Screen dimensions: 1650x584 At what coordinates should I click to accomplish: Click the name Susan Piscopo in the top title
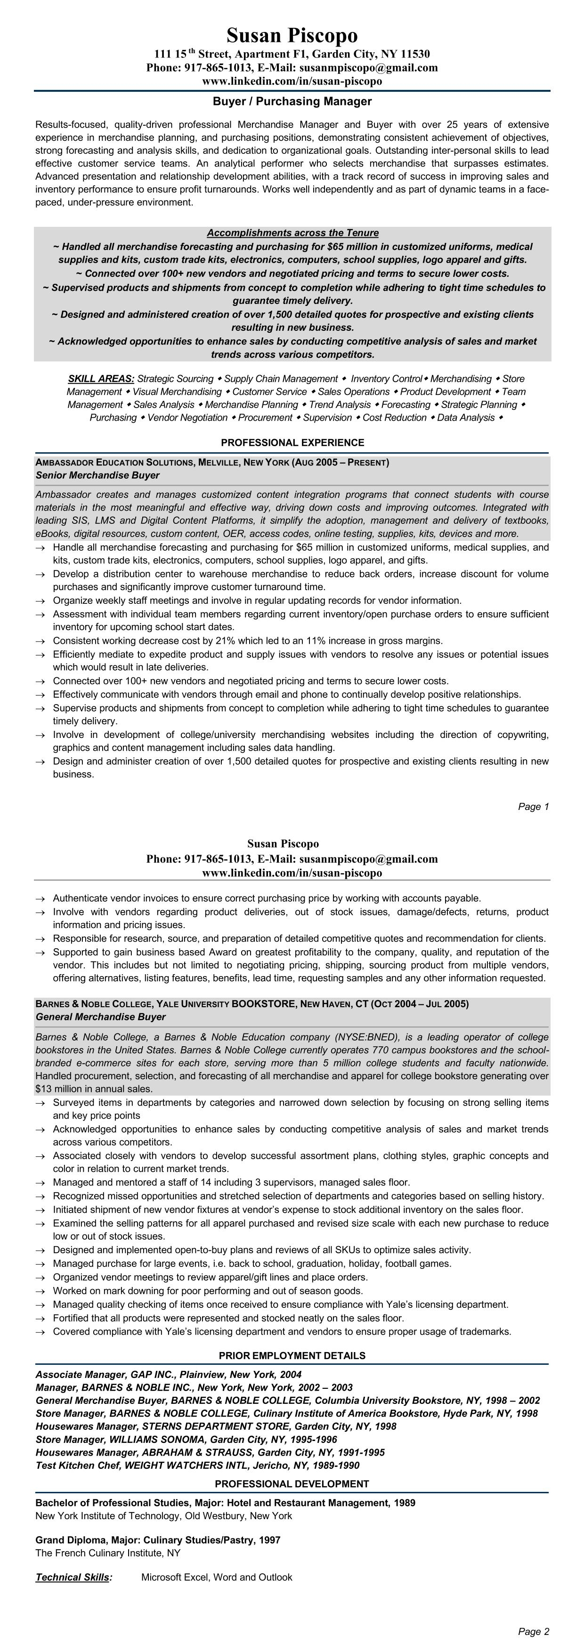pyautogui.click(x=292, y=35)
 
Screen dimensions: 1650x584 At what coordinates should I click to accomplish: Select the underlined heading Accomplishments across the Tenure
pyautogui.click(x=292, y=233)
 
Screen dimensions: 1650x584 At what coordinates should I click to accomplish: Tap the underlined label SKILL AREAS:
pyautogui.click(x=101, y=378)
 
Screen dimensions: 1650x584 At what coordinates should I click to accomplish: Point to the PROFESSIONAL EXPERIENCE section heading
pyautogui.click(x=292, y=442)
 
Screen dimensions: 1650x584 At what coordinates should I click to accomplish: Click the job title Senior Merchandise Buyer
pyautogui.click(x=97, y=475)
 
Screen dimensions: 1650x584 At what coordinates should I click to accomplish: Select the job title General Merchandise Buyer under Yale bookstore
pyautogui.click(x=101, y=1017)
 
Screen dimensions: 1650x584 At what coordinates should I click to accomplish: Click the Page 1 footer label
pyautogui.click(x=533, y=807)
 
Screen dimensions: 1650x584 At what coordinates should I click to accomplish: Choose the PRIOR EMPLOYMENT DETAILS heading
pyautogui.click(x=292, y=1355)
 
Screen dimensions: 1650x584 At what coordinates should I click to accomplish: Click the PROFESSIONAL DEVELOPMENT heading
pyautogui.click(x=292, y=1483)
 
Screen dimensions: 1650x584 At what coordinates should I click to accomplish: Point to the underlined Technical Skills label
pyautogui.click(x=73, y=1577)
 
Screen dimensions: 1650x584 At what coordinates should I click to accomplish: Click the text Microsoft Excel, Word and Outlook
pyautogui.click(x=217, y=1577)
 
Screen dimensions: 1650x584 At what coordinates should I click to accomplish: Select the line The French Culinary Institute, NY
pyautogui.click(x=108, y=1553)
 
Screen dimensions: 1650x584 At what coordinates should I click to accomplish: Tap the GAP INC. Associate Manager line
pyautogui.click(x=169, y=1374)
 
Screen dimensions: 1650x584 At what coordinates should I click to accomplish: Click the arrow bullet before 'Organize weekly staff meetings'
pyautogui.click(x=41, y=601)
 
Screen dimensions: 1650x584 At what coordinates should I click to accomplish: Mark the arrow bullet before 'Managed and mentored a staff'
pyautogui.click(x=41, y=1182)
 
